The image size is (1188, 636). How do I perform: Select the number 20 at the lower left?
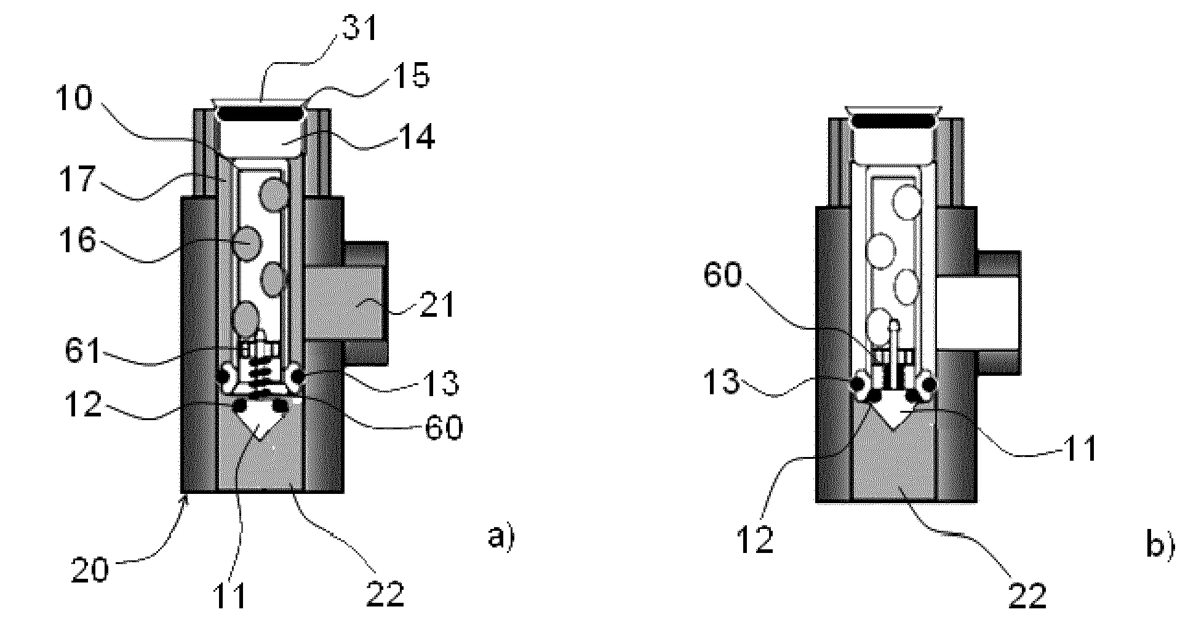point(90,570)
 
